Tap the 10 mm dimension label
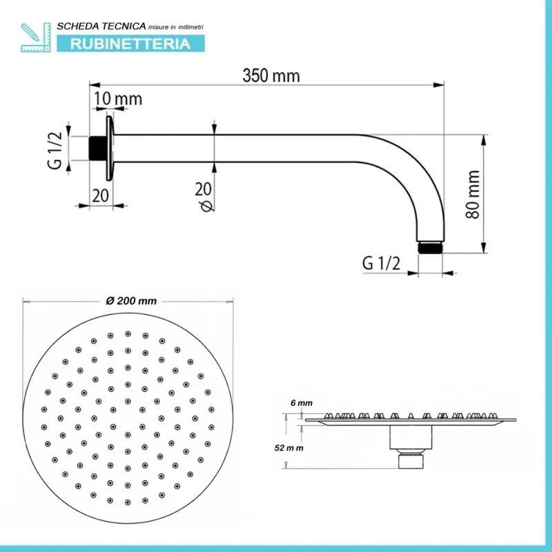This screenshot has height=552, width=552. click(118, 99)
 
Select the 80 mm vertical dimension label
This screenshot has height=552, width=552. click(473, 195)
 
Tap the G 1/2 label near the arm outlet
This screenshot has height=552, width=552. click(380, 263)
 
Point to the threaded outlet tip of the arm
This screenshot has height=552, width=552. click(430, 246)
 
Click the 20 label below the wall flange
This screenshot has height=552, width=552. click(101, 195)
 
